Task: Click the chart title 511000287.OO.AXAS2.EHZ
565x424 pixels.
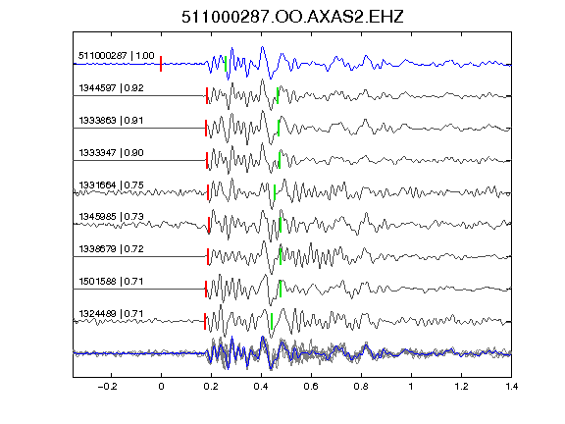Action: [292, 17]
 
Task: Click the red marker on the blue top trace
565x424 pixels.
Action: [161, 64]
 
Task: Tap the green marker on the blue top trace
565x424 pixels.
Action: [226, 64]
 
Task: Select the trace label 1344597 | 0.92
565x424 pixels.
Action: [112, 88]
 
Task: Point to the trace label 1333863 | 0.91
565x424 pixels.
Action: [112, 121]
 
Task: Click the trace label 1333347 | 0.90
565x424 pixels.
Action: [112, 153]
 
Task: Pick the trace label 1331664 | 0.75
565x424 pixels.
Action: [112, 185]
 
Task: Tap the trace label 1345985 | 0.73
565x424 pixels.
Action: [112, 217]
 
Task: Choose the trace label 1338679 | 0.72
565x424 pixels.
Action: [112, 249]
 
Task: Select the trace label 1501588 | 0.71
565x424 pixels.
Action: [112, 282]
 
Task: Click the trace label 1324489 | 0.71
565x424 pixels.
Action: [112, 314]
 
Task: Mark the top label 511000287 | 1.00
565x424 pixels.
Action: [117, 56]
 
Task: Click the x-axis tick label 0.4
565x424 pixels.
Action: [261, 387]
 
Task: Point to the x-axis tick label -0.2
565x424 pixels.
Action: [107, 387]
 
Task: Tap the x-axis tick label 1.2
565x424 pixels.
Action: [461, 387]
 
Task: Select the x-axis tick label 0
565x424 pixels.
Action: [161, 387]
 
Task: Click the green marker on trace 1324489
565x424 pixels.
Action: [272, 321]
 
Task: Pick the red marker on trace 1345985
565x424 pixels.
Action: [209, 225]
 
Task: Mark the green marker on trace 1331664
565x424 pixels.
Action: [275, 192]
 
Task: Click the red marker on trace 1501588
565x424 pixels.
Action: [206, 289]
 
